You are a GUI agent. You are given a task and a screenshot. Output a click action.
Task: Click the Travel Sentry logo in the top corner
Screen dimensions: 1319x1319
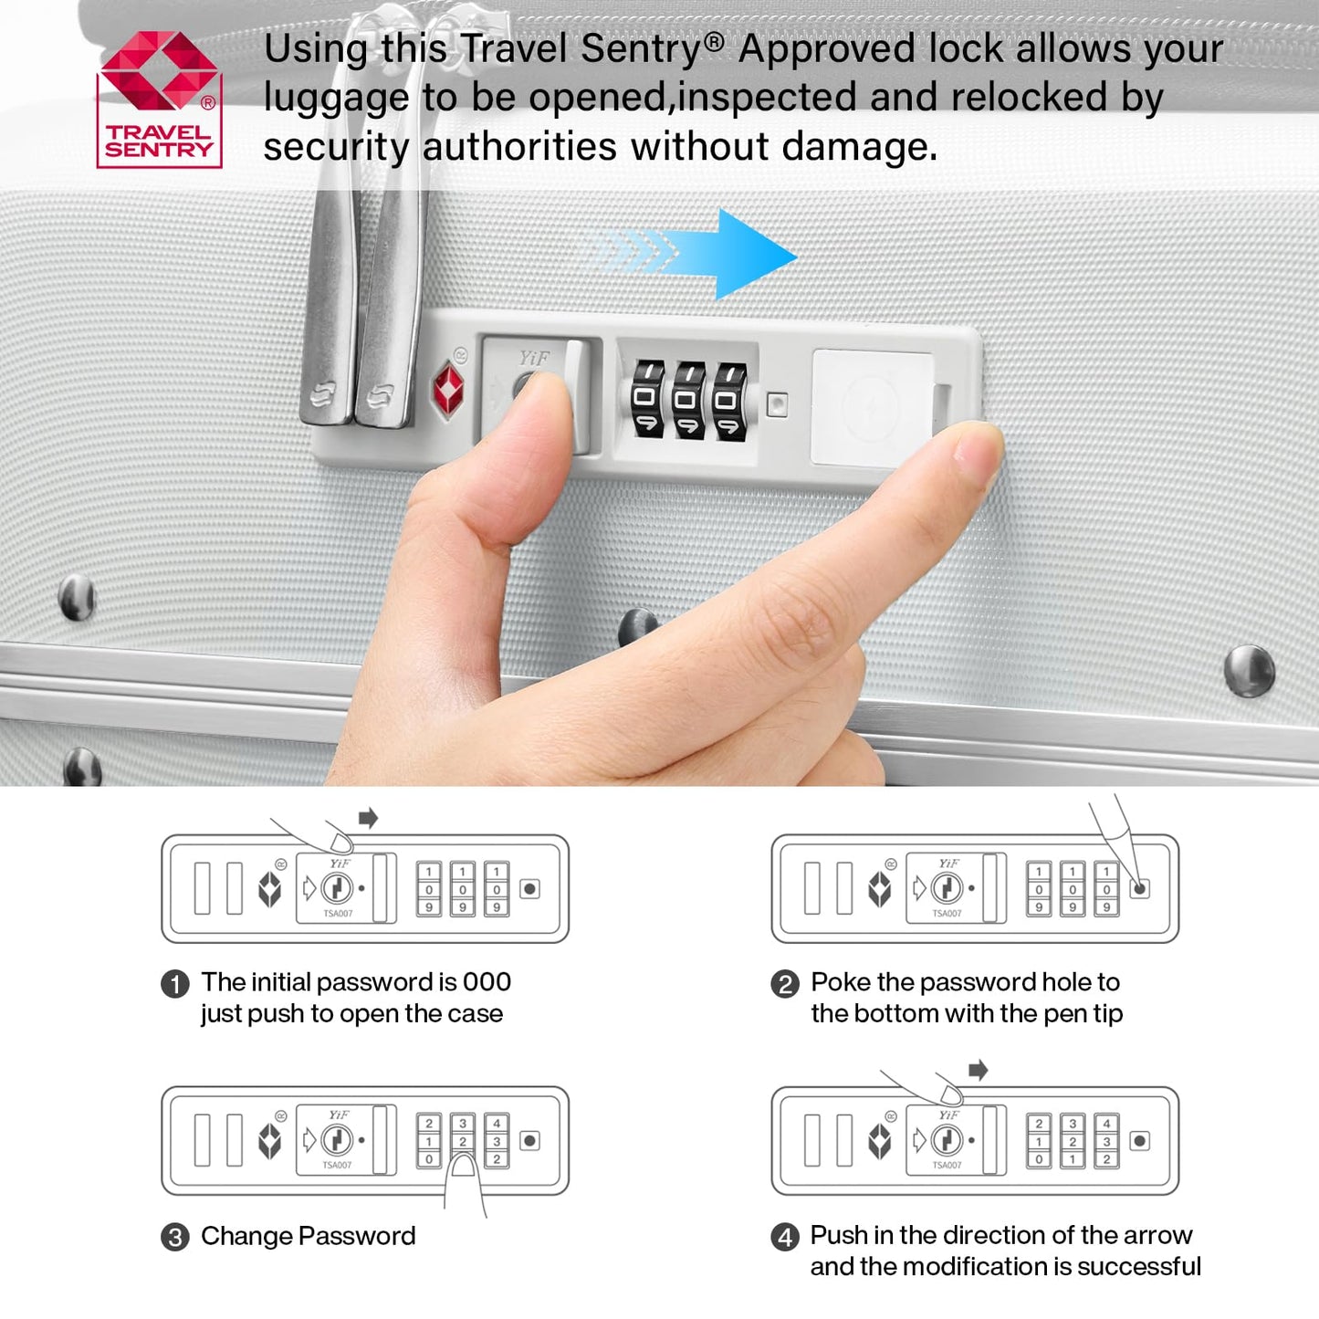160,99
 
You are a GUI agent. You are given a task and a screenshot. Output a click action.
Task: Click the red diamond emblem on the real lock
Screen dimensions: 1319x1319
448,389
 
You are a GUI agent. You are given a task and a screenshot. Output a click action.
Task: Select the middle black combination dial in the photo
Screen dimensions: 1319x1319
688,401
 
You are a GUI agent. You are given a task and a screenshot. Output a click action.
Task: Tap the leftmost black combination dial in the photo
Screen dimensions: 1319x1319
647,399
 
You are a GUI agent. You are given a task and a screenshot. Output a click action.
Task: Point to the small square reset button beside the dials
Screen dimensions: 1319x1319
776,403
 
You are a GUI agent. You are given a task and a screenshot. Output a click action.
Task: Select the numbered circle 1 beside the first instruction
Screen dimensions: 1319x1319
175,984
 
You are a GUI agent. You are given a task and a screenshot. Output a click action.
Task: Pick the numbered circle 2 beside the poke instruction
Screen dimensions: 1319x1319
784,984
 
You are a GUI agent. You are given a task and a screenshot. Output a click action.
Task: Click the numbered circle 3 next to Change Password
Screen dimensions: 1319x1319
175,1237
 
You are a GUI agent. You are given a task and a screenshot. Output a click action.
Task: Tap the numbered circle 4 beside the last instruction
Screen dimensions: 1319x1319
784,1237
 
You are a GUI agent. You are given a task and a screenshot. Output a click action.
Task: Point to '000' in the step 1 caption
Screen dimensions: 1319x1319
487,982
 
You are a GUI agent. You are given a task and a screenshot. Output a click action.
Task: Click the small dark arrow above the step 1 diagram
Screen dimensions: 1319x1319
368,817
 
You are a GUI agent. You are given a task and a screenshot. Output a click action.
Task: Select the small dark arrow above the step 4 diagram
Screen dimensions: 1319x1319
979,1070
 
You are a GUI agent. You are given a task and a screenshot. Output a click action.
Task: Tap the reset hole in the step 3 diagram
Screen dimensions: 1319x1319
529,1141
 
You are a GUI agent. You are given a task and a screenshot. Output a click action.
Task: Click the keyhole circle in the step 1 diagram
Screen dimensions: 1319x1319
337,888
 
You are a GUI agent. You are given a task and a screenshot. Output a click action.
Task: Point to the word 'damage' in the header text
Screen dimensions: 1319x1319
855,146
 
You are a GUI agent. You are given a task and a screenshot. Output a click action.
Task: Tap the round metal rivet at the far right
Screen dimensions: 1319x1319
1250,671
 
